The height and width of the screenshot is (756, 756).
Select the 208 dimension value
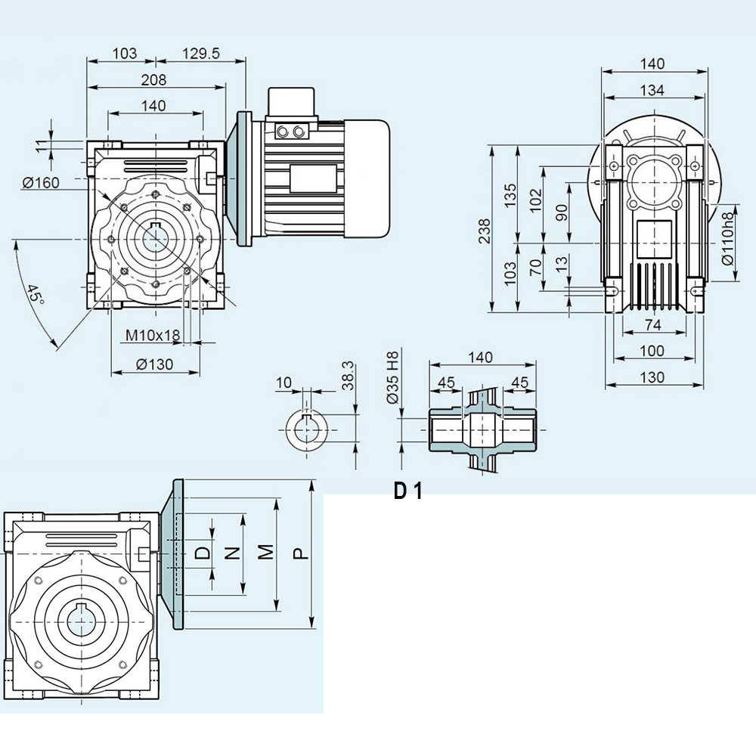[x=153, y=79]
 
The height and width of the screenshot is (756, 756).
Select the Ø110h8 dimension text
[x=728, y=238]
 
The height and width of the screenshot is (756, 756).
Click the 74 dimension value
[x=652, y=325]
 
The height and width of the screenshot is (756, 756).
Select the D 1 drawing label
[x=407, y=491]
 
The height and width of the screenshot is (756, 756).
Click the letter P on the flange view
[x=301, y=553]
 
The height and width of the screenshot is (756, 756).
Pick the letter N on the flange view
[x=234, y=553]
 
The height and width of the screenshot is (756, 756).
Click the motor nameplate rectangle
[x=311, y=178]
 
